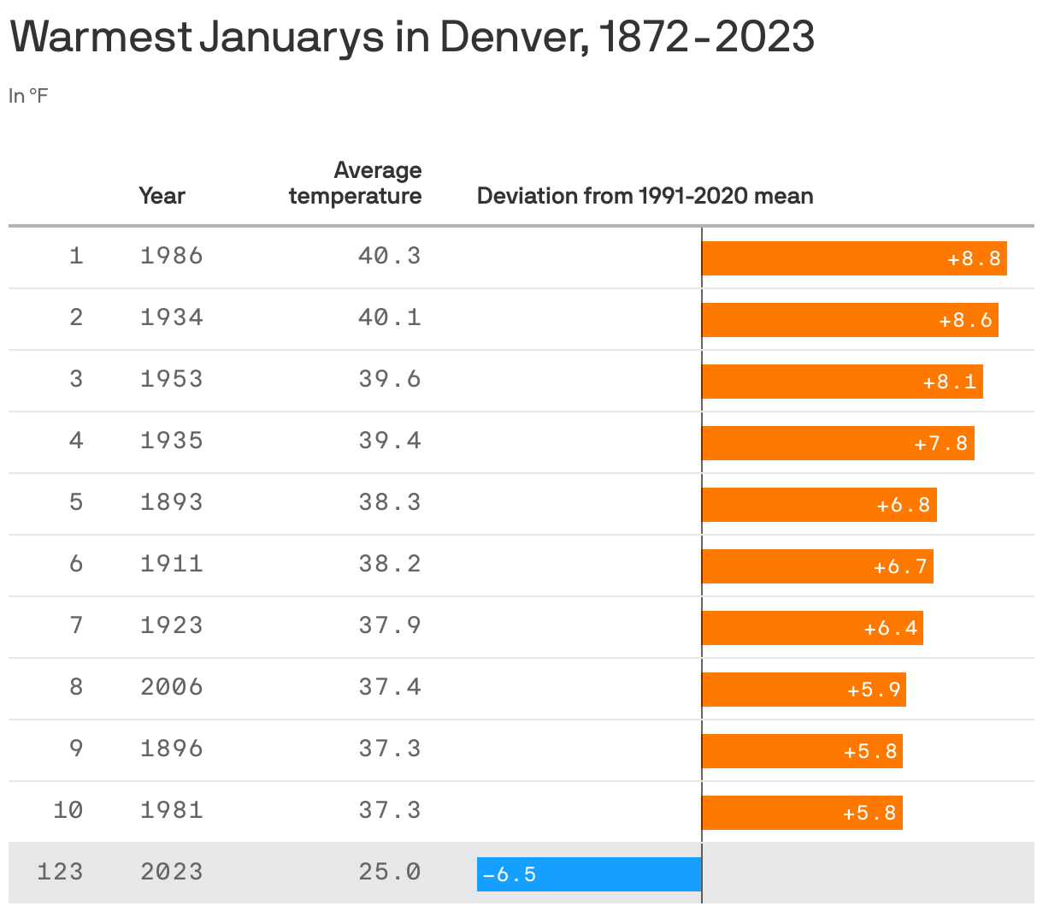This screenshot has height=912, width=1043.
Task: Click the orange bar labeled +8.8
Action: pos(853,258)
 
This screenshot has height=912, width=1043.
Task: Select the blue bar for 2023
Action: pos(589,874)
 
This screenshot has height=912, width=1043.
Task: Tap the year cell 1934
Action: pos(172,317)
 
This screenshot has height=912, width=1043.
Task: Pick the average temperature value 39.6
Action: pos(390,379)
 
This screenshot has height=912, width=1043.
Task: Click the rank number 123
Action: pos(60,872)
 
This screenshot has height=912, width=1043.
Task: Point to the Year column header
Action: pos(162,196)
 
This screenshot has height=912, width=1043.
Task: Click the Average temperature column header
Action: pos(356,183)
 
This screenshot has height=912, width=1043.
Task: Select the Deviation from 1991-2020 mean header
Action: pos(645,196)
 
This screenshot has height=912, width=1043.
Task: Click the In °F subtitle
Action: pos(28,96)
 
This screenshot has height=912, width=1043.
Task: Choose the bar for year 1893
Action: pos(819,505)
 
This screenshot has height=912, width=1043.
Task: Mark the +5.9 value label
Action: pos(874,690)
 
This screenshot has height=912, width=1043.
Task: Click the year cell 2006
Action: pos(172,687)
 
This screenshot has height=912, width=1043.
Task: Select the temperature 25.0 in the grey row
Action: pos(390,872)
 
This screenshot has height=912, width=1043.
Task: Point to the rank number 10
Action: pos(68,810)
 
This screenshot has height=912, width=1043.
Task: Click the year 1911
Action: pos(172,564)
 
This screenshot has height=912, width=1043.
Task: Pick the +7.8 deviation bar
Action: pos(838,443)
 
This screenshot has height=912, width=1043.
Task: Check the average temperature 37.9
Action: pos(390,625)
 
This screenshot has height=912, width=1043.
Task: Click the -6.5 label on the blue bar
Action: pos(510,874)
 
